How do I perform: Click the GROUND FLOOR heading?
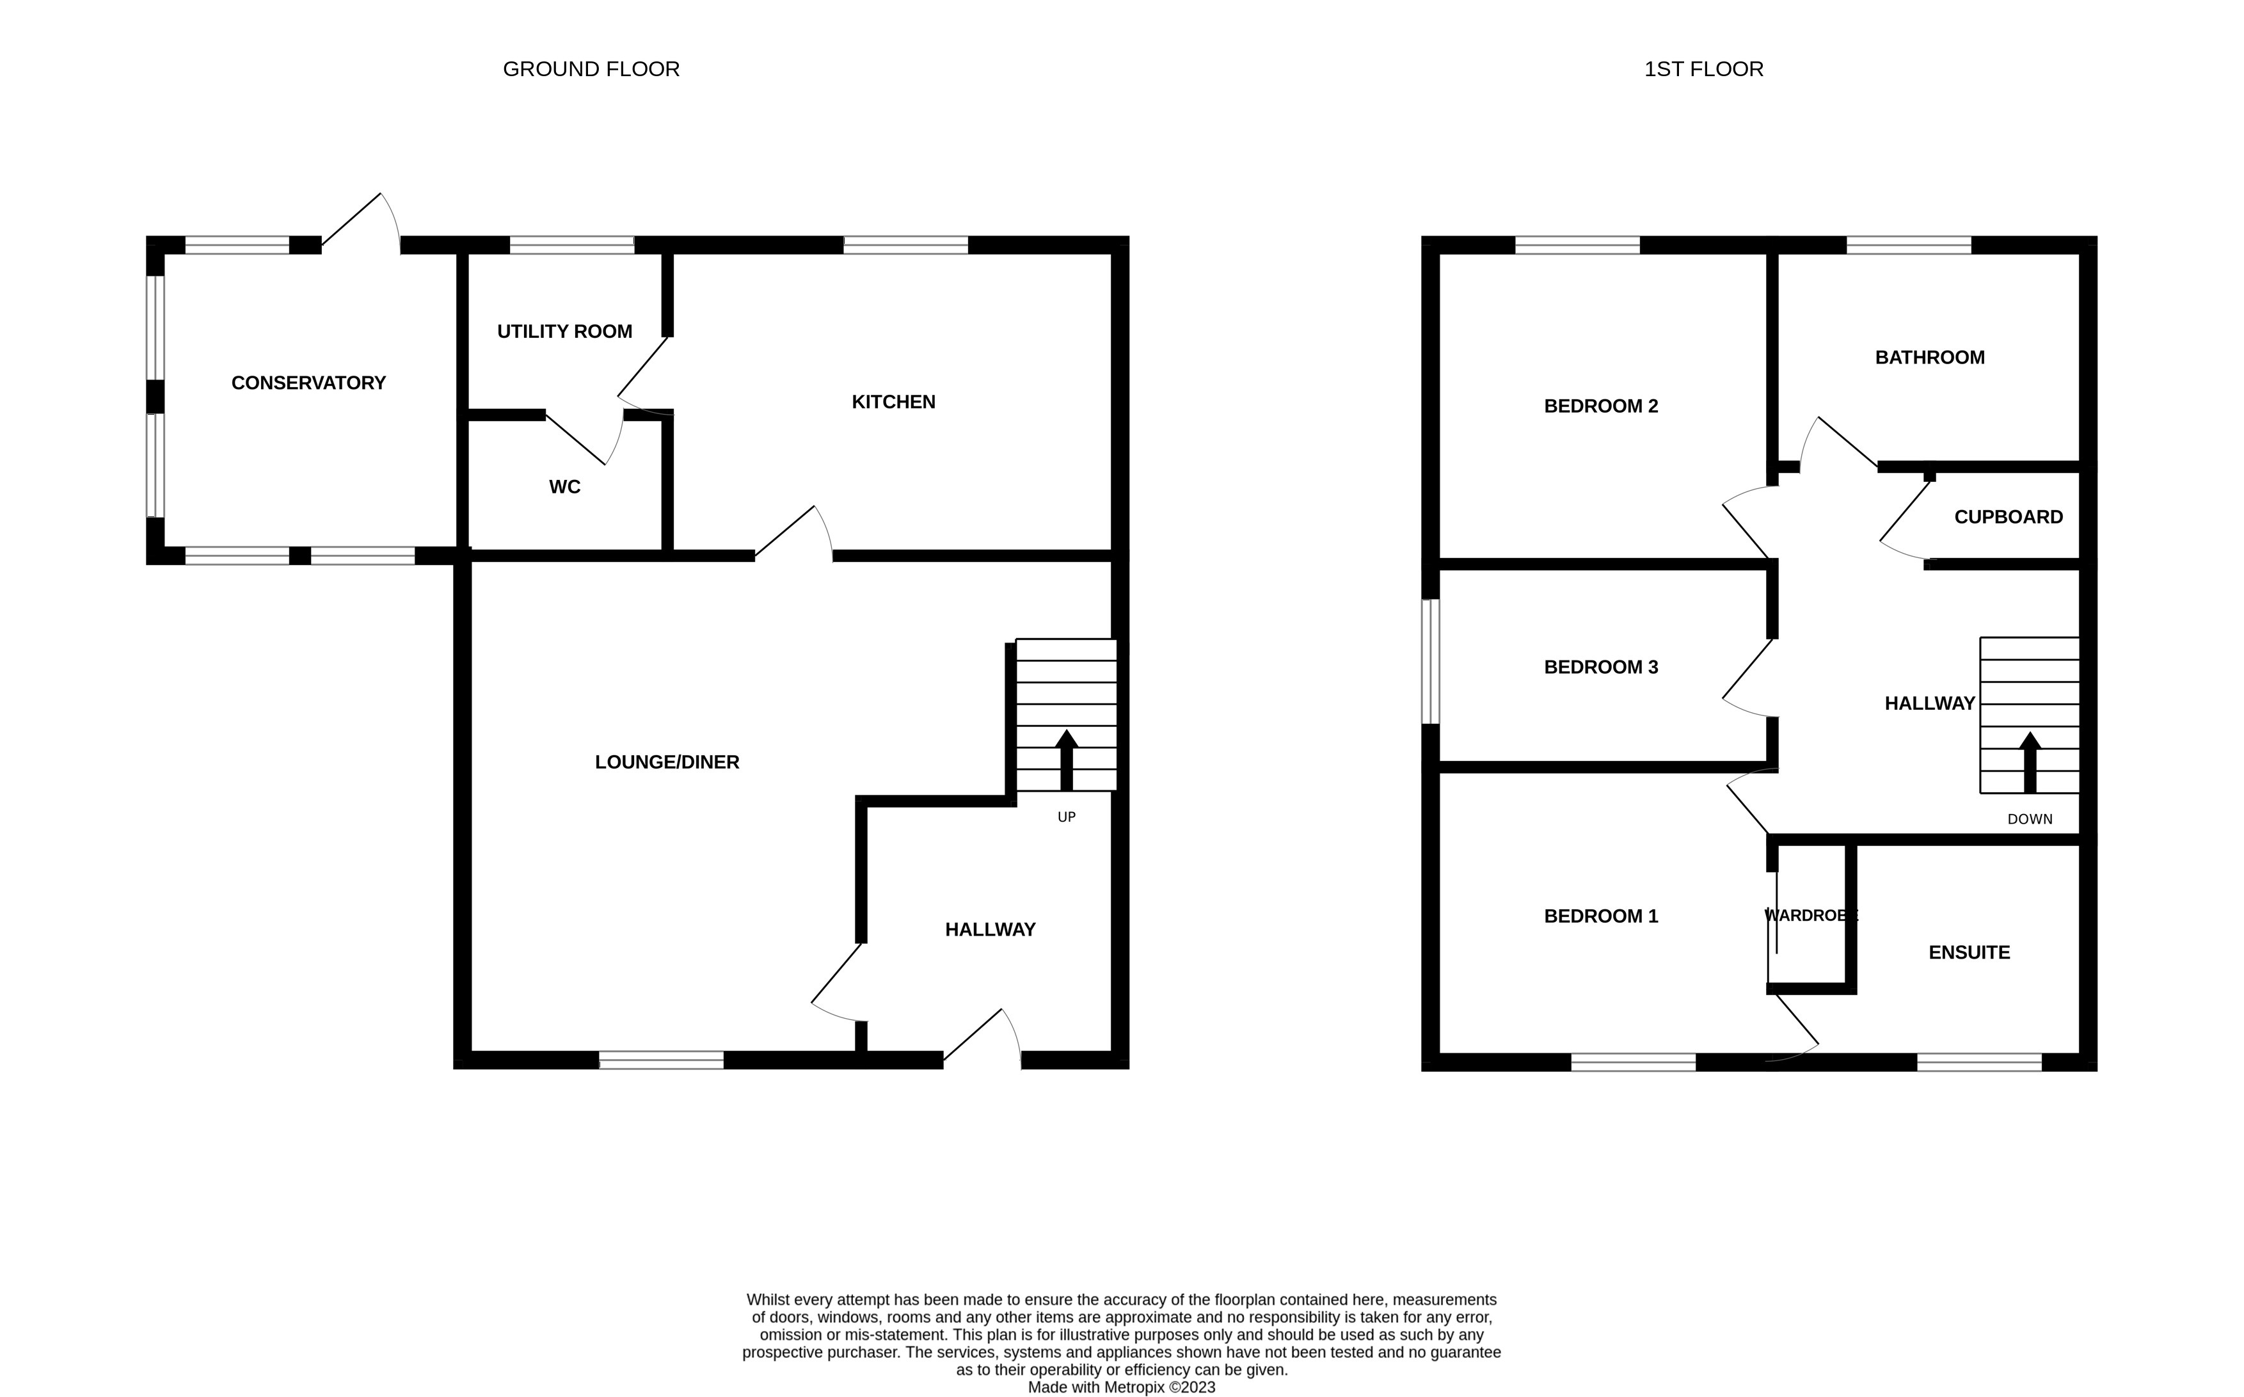[591, 69]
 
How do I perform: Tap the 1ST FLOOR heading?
[1703, 69]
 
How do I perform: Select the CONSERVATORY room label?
[308, 383]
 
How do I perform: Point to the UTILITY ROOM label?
[564, 331]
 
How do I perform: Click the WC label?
[564, 487]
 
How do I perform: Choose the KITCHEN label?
[893, 402]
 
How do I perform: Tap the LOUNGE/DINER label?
[666, 762]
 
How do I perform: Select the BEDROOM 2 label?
[1600, 406]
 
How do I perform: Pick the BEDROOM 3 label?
[1600, 667]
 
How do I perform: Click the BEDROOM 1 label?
[1600, 916]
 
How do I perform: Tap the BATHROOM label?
[1929, 358]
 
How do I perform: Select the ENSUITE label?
[1969, 953]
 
